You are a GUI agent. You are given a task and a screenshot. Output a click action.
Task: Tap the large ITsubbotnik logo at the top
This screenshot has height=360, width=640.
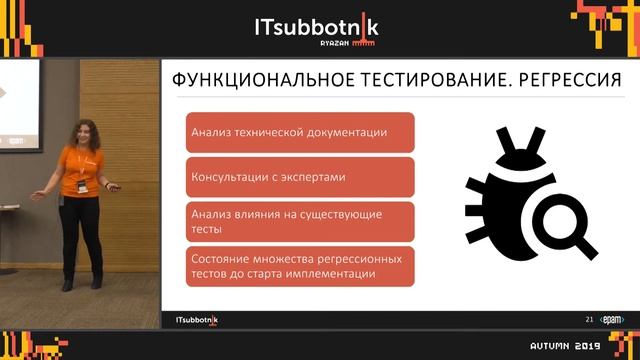(317, 25)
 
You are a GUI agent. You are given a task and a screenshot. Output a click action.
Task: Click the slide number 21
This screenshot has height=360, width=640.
(590, 319)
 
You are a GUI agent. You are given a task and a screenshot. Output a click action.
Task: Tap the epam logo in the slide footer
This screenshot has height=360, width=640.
(612, 319)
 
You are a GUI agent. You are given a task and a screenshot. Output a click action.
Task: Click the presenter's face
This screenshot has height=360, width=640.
(83, 132)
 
